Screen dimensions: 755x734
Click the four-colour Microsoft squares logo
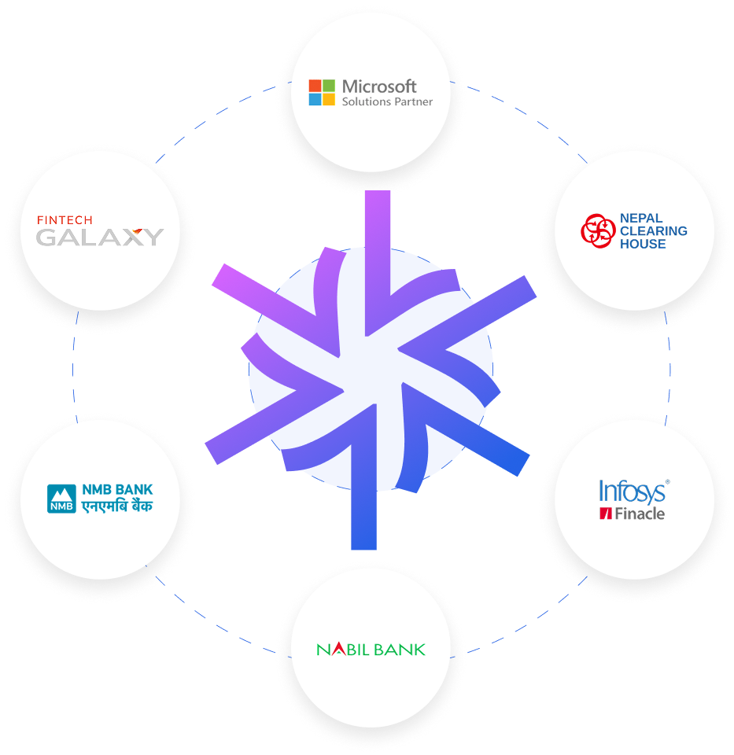pyautogui.click(x=322, y=92)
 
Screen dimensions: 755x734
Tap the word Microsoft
pyautogui.click(x=379, y=86)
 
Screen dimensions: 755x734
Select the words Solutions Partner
pyautogui.click(x=387, y=101)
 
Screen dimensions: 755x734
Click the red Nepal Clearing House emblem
pyautogui.click(x=597, y=230)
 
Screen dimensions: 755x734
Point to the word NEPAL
pyautogui.click(x=641, y=218)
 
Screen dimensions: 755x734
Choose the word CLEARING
pyautogui.click(x=653, y=231)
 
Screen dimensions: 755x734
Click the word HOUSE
pyautogui.click(x=643, y=245)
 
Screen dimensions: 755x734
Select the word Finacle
pyautogui.click(x=640, y=514)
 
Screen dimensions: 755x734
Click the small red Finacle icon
pyautogui.click(x=606, y=514)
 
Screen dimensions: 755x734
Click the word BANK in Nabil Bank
pyautogui.click(x=400, y=650)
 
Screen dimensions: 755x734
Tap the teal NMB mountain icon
pyautogui.click(x=61, y=499)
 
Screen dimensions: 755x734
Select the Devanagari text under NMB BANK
pyautogui.click(x=117, y=506)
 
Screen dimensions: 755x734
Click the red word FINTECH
pyautogui.click(x=65, y=220)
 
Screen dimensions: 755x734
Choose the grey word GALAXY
pyautogui.click(x=100, y=237)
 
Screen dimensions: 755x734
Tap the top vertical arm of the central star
pyautogui.click(x=378, y=236)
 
